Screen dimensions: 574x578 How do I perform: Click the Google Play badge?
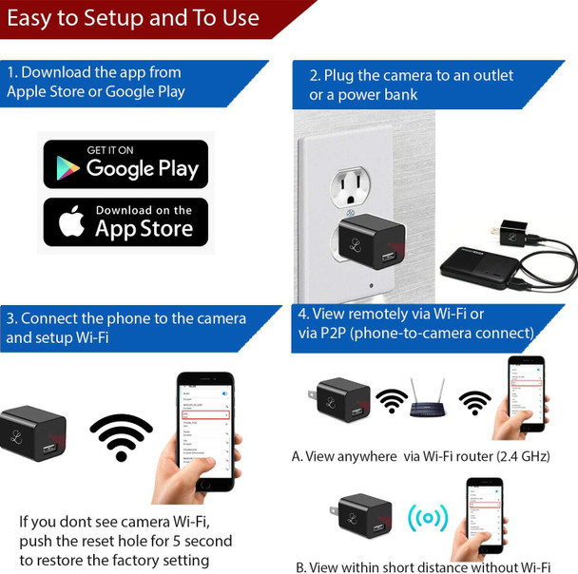[x=125, y=164]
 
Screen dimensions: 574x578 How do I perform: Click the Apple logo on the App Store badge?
[x=71, y=222]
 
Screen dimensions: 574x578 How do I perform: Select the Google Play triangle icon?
[x=66, y=165]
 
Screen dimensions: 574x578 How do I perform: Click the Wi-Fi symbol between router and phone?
[x=474, y=402]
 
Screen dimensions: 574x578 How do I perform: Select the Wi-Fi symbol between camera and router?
[x=391, y=401]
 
